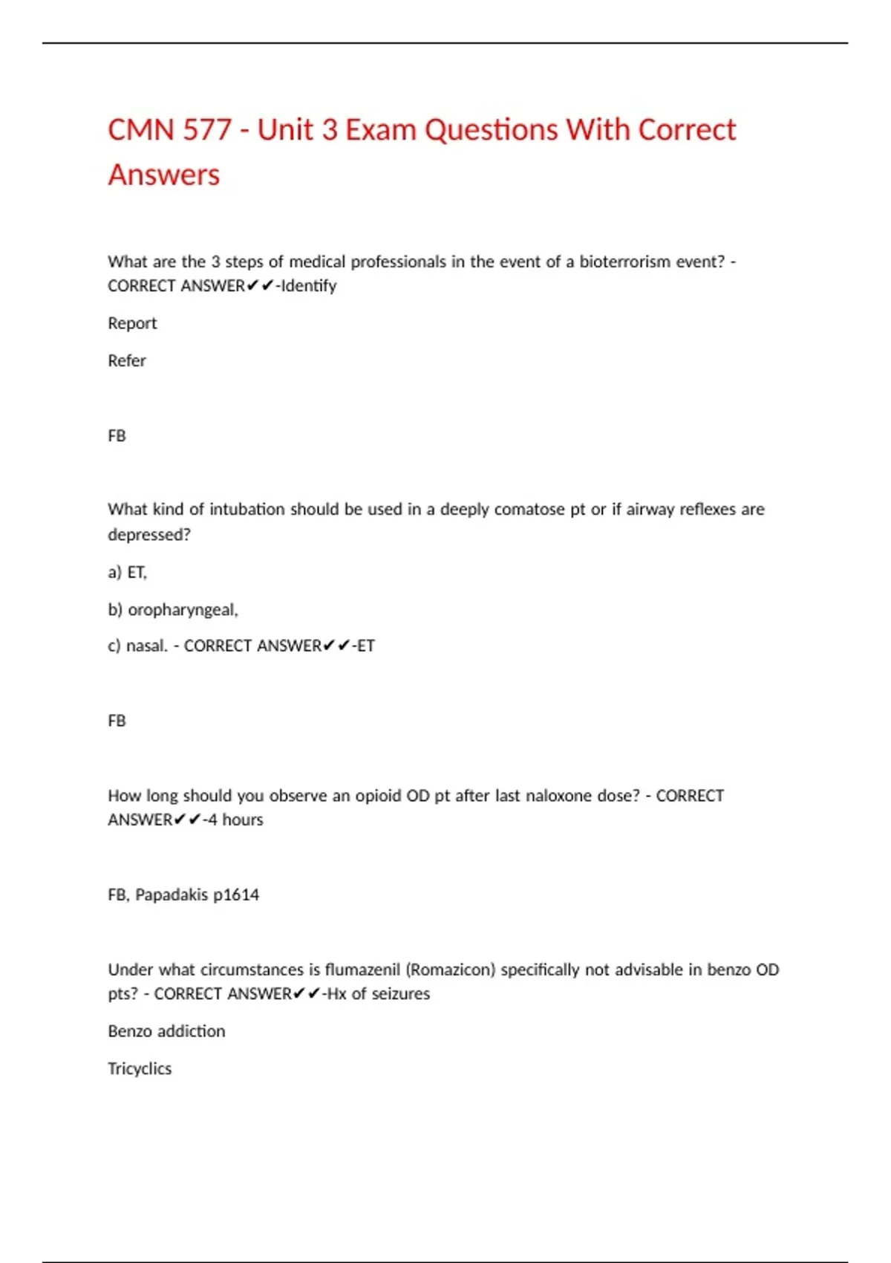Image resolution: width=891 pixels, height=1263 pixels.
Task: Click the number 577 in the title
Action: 207,130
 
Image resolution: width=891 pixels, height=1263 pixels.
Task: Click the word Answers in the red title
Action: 164,175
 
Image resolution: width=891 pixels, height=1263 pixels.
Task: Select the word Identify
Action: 309,286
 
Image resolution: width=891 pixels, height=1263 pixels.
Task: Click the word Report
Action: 132,323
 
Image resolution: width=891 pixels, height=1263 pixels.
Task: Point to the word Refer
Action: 127,361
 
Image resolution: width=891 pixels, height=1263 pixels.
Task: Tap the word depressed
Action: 148,535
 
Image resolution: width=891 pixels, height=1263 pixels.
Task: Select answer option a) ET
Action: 128,572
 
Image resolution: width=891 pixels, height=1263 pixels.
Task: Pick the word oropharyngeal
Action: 182,610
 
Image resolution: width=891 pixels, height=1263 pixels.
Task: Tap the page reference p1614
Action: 236,895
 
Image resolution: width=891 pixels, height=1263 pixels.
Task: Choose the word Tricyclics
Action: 140,1069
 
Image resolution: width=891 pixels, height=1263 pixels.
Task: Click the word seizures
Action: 401,994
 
